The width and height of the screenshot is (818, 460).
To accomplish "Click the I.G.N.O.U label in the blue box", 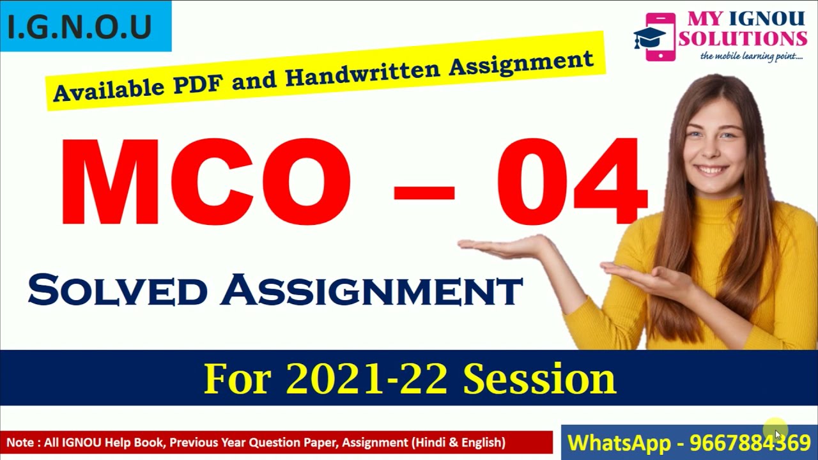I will [81, 27].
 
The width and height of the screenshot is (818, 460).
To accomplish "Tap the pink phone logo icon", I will [660, 36].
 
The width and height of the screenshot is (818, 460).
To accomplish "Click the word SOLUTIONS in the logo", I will [743, 38].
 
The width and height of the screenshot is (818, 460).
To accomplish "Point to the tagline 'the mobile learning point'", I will [752, 57].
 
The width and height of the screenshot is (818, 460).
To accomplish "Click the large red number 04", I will [571, 181].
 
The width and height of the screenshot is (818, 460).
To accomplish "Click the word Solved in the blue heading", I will [118, 291].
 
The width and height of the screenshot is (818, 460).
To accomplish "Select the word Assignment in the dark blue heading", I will [371, 291].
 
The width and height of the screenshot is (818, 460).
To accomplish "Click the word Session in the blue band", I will [539, 379].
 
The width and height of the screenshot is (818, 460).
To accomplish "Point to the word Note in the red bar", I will [20, 442].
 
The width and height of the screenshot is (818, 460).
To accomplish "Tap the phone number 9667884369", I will [750, 442].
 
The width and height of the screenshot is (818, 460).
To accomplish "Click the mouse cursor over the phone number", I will [778, 435].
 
